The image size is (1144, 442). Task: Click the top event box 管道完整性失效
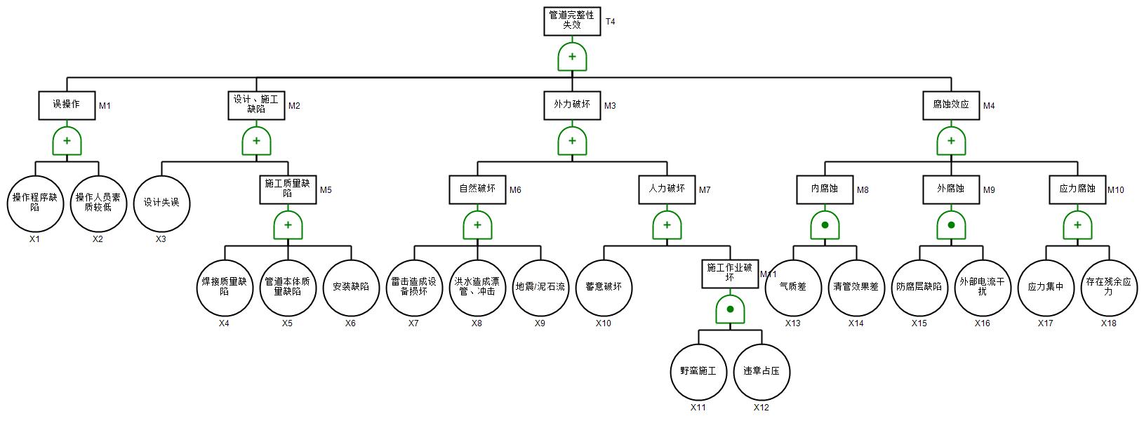572,21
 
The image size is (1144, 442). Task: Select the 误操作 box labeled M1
67,105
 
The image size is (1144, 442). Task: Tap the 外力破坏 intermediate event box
572,105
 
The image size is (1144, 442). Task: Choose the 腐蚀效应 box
951,105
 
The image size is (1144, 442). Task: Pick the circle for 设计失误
161,203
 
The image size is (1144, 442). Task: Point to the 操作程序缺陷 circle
35,203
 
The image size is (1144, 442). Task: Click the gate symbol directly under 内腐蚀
825,225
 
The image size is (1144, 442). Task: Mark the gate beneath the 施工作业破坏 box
730,309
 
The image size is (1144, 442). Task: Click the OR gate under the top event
572,57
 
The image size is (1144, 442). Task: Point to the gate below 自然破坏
477,225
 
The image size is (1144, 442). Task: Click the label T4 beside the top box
610,22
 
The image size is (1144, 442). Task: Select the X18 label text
1108,323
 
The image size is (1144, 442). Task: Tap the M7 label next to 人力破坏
705,190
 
